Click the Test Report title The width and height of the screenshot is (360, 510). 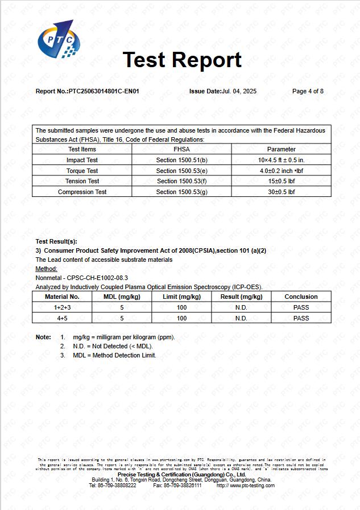(x=182, y=60)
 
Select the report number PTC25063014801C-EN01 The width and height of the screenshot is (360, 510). (x=104, y=91)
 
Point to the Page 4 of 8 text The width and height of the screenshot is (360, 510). (x=308, y=91)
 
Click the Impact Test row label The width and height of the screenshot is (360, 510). (x=82, y=161)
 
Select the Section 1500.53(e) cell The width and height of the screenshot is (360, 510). (x=181, y=171)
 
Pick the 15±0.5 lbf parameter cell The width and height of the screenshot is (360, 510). (x=281, y=181)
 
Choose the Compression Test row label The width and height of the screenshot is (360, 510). (x=82, y=192)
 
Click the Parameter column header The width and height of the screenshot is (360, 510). (x=281, y=149)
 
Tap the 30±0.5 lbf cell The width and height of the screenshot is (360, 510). (x=281, y=192)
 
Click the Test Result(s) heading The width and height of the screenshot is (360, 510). (x=56, y=241)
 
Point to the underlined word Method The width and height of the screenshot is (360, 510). (x=46, y=269)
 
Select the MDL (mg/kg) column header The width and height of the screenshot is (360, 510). (x=122, y=297)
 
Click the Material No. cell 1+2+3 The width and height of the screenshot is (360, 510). (x=62, y=307)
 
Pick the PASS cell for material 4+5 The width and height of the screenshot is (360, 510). (x=301, y=318)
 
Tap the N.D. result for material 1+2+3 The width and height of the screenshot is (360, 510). (x=241, y=307)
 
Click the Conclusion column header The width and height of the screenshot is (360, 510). (x=301, y=297)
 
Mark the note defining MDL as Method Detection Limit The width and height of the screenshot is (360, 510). (x=114, y=355)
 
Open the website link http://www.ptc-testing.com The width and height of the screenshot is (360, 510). (x=245, y=486)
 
